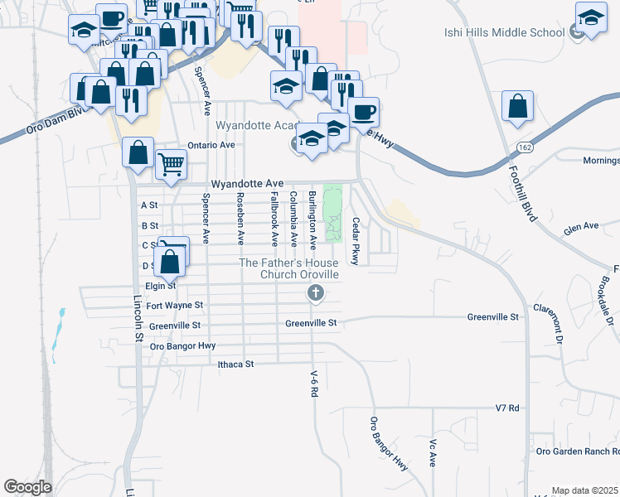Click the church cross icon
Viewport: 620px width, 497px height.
click(x=315, y=292)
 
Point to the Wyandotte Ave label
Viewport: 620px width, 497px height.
click(x=247, y=183)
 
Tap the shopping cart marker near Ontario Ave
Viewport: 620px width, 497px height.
click(x=171, y=163)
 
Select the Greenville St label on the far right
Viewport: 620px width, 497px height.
click(x=492, y=316)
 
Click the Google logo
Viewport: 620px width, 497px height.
click(x=27, y=487)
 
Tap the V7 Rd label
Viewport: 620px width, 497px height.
click(x=506, y=408)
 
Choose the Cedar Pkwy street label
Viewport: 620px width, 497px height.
click(x=355, y=241)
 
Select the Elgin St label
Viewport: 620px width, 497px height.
click(x=161, y=286)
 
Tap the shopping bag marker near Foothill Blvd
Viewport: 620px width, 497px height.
click(x=517, y=107)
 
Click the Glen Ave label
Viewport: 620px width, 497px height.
click(x=580, y=225)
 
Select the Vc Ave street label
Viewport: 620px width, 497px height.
click(x=433, y=452)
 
